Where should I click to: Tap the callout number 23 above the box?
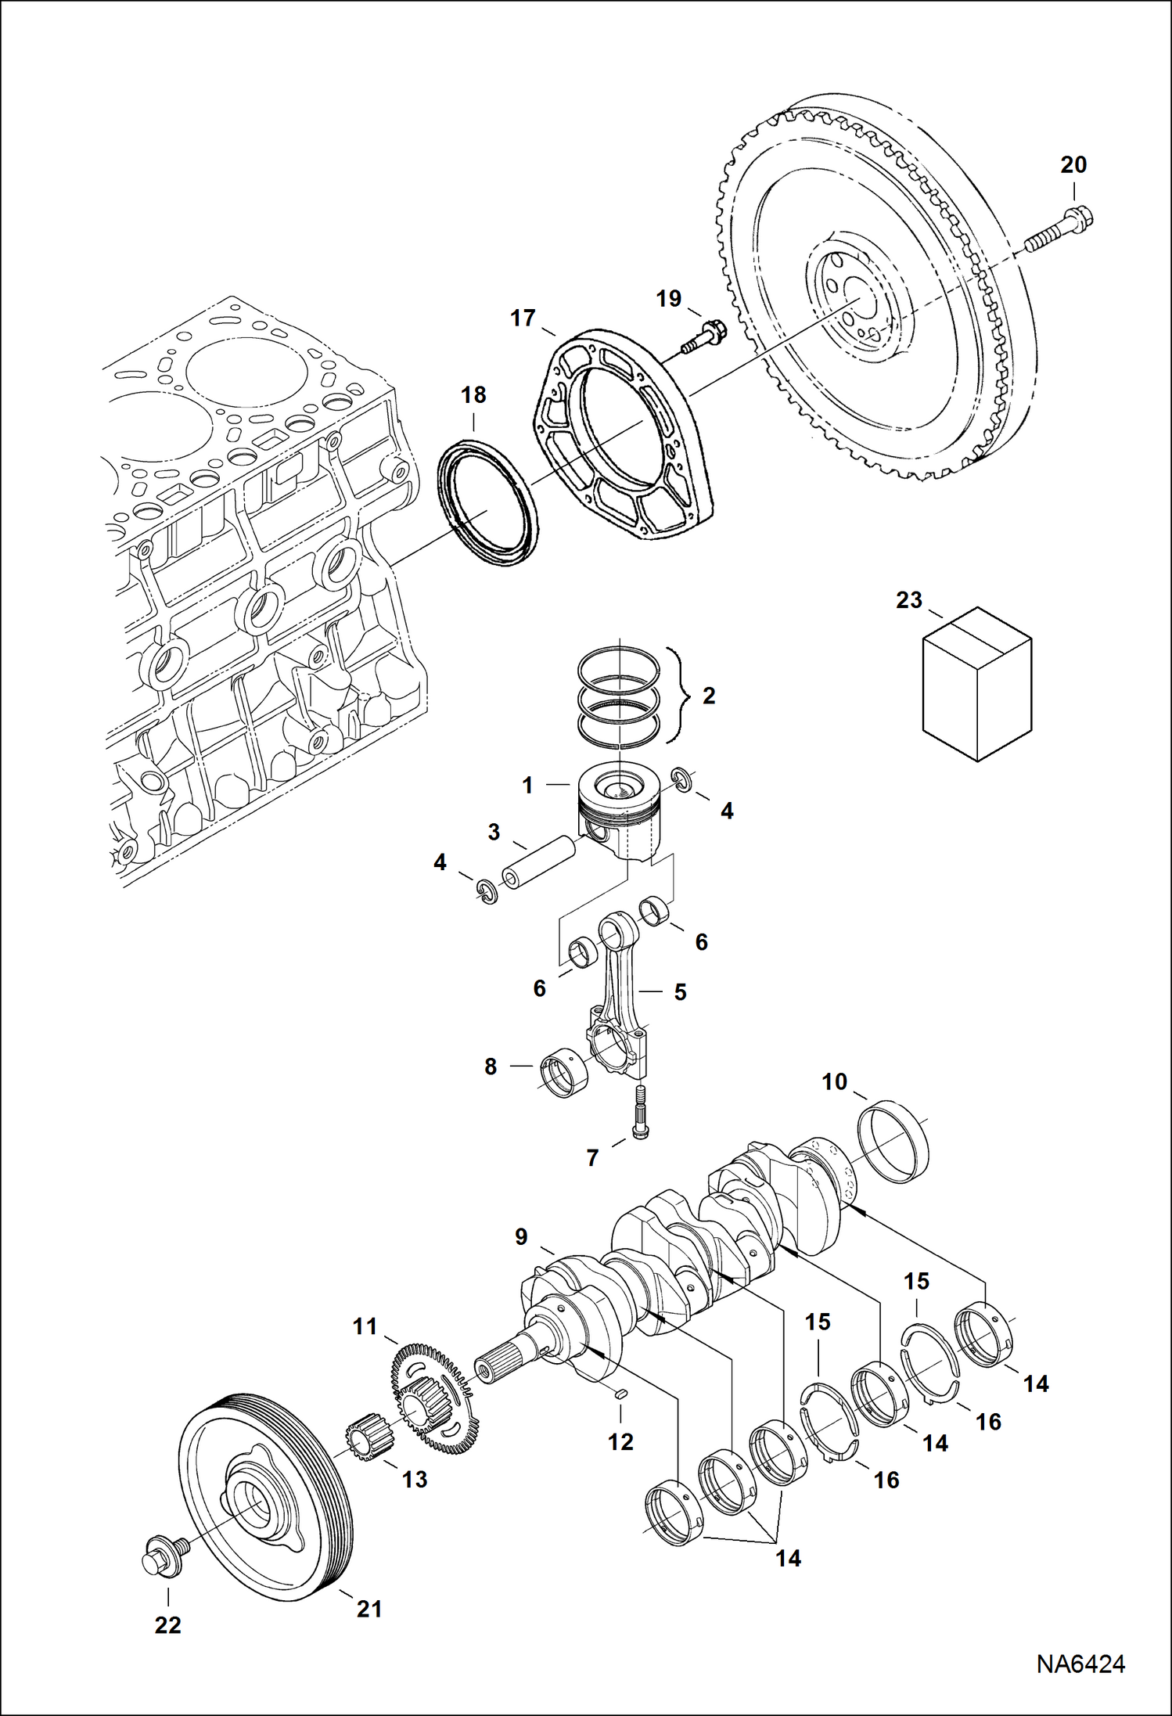(909, 600)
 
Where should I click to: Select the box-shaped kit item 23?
(977, 684)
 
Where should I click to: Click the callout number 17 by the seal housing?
(523, 318)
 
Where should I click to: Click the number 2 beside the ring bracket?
(709, 696)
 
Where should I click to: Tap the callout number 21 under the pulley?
(369, 1609)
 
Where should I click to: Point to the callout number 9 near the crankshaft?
(521, 1236)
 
